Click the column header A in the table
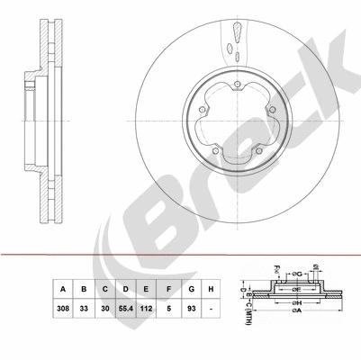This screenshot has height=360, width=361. (63, 290)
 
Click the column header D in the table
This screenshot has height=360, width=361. (128, 290)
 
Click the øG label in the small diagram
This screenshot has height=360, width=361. (299, 274)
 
